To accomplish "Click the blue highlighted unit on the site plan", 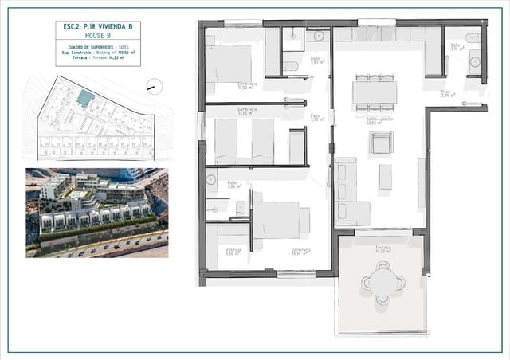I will pos(85,98).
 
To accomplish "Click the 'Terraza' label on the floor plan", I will pos(383,247).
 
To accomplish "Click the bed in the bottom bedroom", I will pos(277,221).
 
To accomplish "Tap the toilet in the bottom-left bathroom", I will pos(241,209).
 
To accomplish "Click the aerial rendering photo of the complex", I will pos(96,212).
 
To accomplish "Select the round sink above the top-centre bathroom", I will pos(319,36).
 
